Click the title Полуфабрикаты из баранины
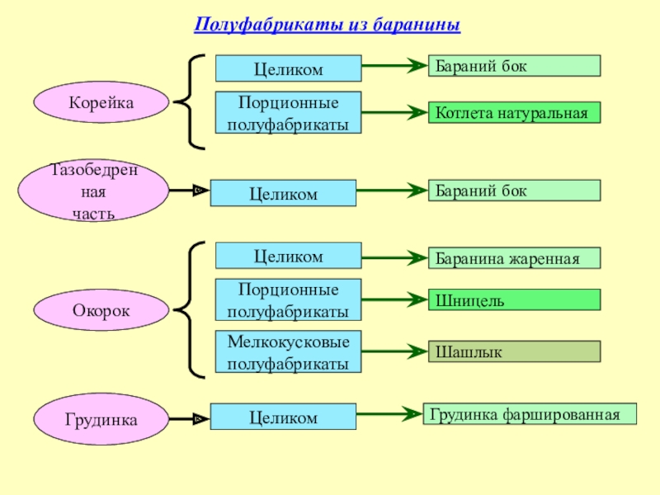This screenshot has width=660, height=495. pyautogui.click(x=327, y=26)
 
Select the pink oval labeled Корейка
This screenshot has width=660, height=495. pyautogui.click(x=101, y=101)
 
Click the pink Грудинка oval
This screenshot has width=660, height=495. pyautogui.click(x=101, y=419)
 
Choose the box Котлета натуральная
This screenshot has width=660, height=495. pyautogui.click(x=513, y=113)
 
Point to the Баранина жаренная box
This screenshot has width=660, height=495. pyautogui.click(x=513, y=258)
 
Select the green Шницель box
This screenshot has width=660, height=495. pyautogui.click(x=513, y=300)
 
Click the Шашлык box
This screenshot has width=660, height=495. pyautogui.click(x=513, y=352)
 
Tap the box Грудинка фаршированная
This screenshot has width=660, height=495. pyautogui.click(x=530, y=413)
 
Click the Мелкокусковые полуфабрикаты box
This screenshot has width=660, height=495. pyautogui.click(x=288, y=352)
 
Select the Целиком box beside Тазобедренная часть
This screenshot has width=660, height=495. pyautogui.click(x=283, y=193)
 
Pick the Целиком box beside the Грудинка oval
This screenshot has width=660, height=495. pyautogui.click(x=283, y=417)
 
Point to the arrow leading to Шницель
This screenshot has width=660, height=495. pyautogui.click(x=393, y=300)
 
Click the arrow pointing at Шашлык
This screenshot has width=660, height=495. pyautogui.click(x=393, y=352)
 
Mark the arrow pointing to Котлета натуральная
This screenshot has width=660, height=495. pyautogui.click(x=393, y=113)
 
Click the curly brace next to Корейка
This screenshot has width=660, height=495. pyautogui.click(x=191, y=101)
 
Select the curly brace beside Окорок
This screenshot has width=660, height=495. pyautogui.click(x=191, y=310)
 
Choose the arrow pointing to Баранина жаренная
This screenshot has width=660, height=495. pyautogui.click(x=393, y=258)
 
